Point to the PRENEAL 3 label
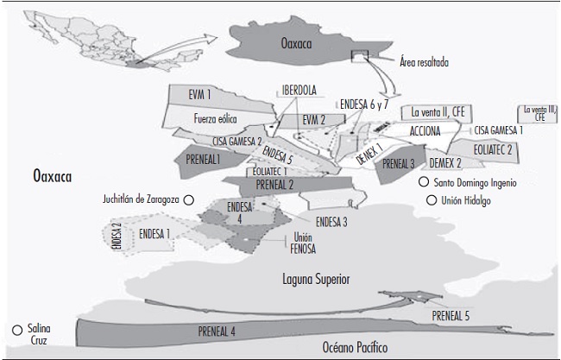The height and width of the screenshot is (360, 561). point(399,162)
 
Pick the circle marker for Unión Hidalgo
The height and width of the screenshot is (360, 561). point(431,201)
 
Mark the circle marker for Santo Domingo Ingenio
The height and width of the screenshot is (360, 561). point(423,183)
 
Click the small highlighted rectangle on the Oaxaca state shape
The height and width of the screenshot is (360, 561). point(359,57)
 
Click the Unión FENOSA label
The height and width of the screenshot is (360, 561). point(304,243)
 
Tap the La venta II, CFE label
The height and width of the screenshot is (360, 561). point(442,111)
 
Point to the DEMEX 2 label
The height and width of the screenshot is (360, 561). point(445,162)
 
